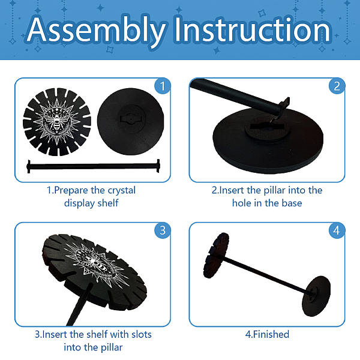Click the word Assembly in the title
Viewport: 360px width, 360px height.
(97, 31)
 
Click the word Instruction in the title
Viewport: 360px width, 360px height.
(253, 29)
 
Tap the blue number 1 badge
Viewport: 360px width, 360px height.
(163, 86)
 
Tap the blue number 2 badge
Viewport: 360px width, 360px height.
(337, 86)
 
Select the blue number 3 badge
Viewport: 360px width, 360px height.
(163, 230)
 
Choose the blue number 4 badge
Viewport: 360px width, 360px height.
(337, 230)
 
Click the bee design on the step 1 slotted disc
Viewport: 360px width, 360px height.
(56, 121)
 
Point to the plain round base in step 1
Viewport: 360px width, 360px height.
(130, 121)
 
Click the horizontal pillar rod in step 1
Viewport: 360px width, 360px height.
(93, 166)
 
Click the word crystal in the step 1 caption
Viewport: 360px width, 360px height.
(122, 191)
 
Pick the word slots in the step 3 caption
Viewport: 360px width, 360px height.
(142, 335)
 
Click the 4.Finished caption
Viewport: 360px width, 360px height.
(267, 335)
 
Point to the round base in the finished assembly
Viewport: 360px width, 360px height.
(316, 296)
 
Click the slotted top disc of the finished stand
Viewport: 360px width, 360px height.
(216, 256)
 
